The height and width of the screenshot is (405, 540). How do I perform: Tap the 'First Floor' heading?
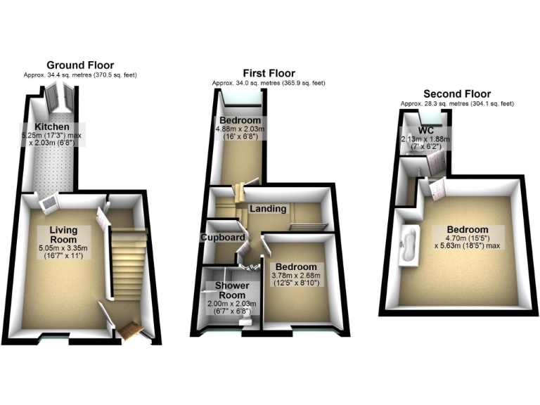(269, 73)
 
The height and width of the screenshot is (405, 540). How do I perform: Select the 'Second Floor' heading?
(457, 94)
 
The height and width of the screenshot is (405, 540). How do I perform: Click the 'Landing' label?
(268, 208)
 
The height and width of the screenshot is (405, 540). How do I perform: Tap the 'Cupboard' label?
(223, 238)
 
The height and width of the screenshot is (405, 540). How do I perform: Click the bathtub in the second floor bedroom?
(407, 246)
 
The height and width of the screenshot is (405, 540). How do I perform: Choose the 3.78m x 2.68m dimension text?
(295, 279)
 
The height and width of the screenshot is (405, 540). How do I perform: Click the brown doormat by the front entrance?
(130, 329)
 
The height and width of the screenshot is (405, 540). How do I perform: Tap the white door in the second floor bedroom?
(437, 187)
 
